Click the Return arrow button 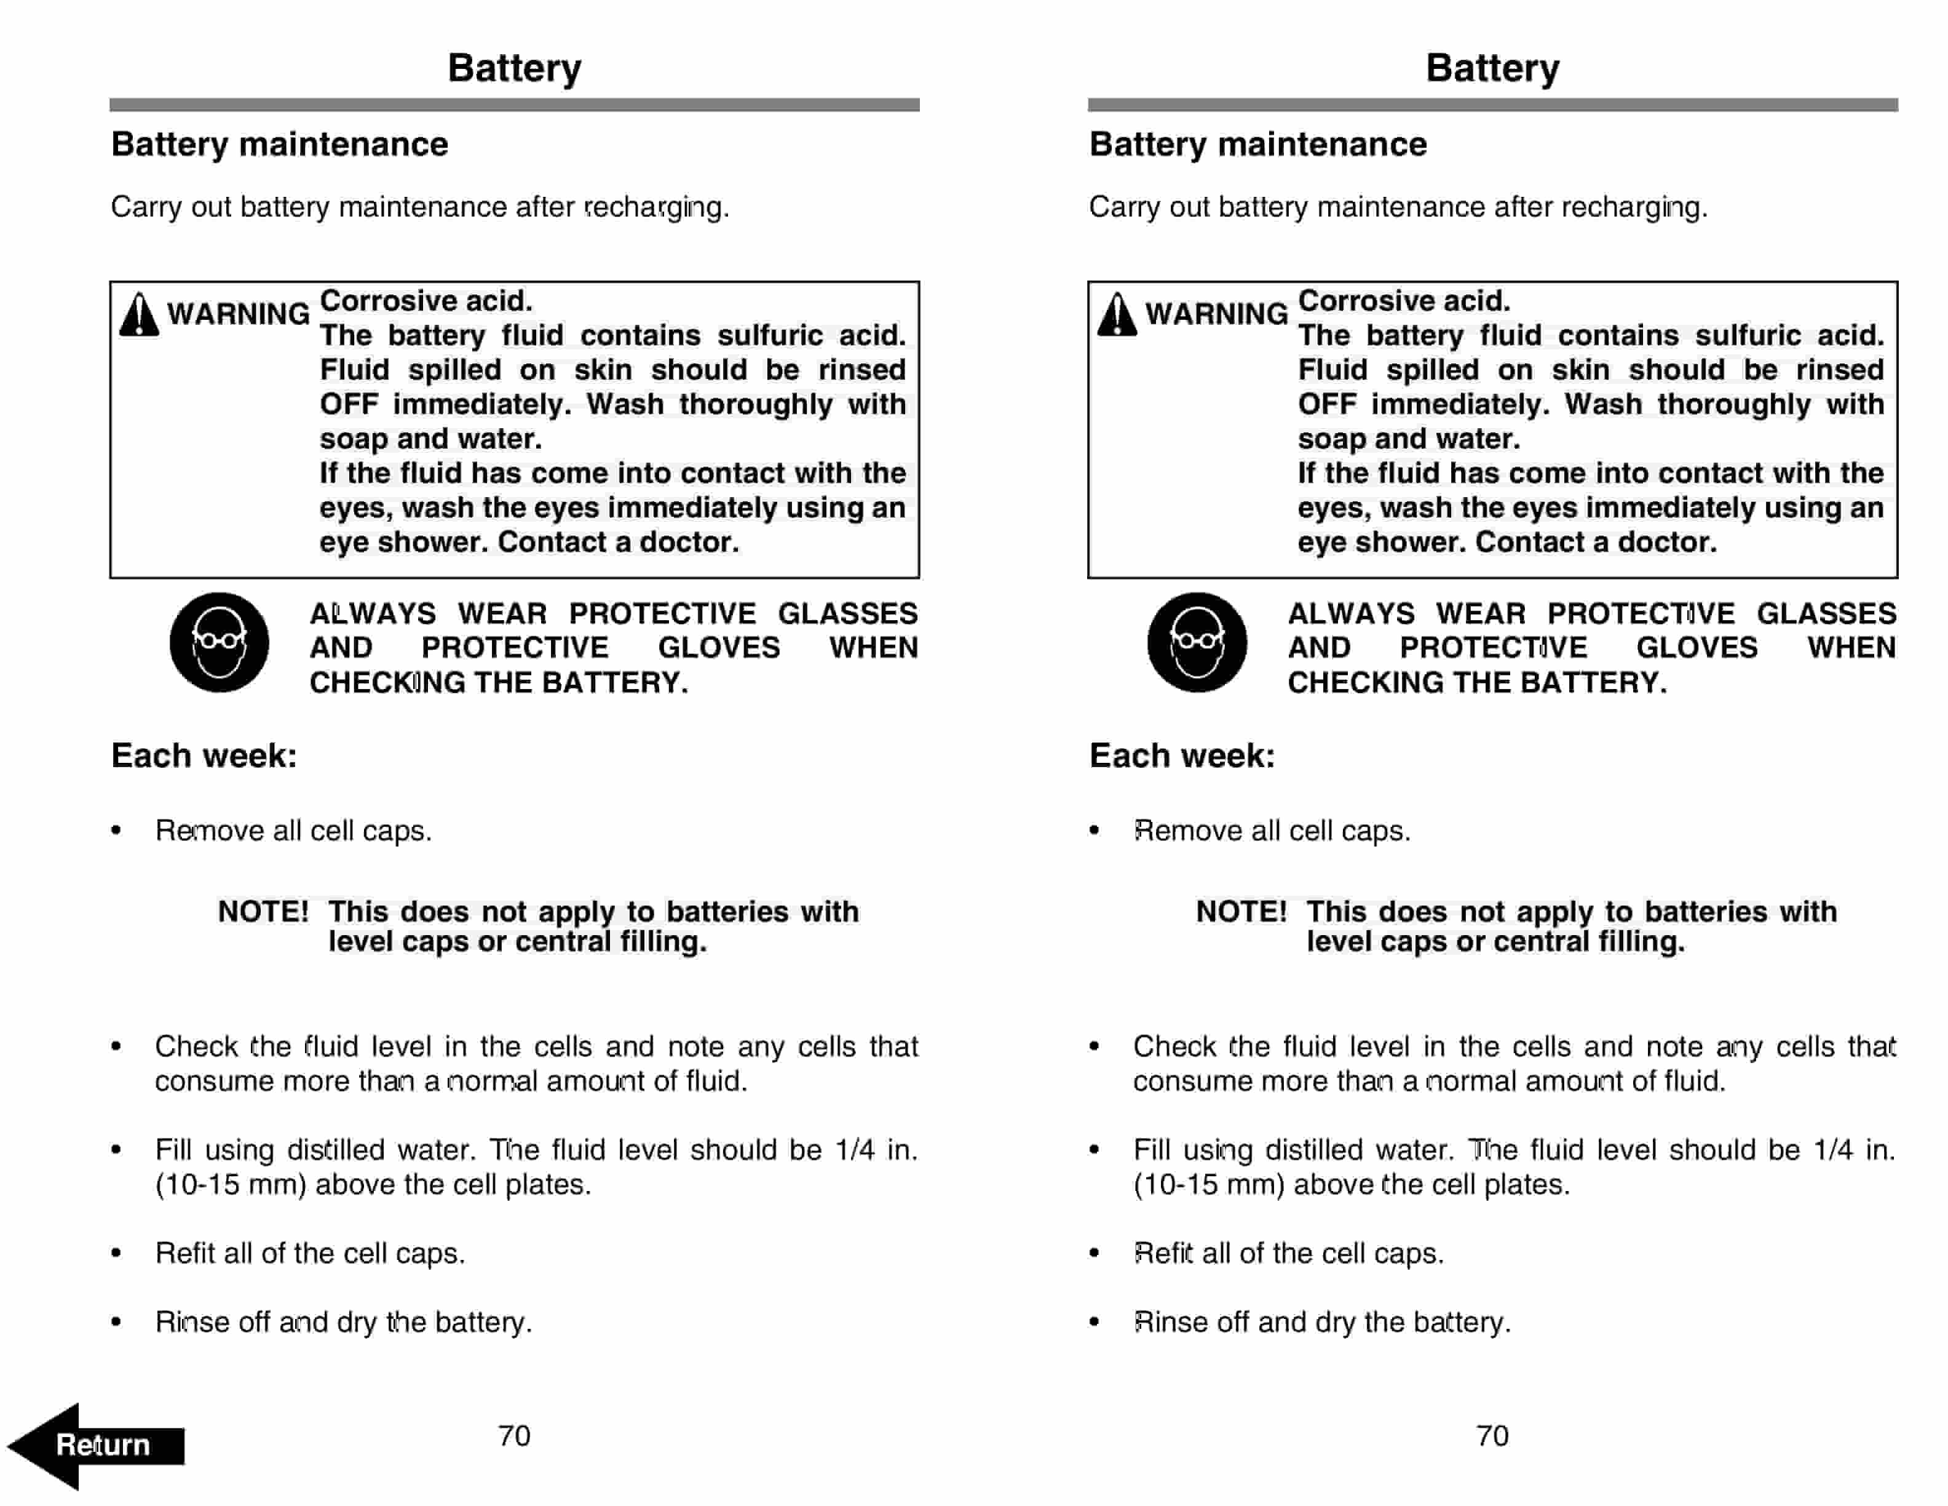97,1444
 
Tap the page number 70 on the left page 514,1435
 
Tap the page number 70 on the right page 1492,1435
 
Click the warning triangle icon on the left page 139,315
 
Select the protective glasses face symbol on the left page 220,642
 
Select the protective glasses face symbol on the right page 1197,642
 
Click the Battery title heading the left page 515,68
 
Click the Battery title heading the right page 1492,68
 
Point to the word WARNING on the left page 238,314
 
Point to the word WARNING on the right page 1217,314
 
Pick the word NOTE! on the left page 263,912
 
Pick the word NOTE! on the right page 1241,912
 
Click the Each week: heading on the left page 204,755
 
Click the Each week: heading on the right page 1182,755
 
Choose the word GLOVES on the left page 719,648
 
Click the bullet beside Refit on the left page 116,1254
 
